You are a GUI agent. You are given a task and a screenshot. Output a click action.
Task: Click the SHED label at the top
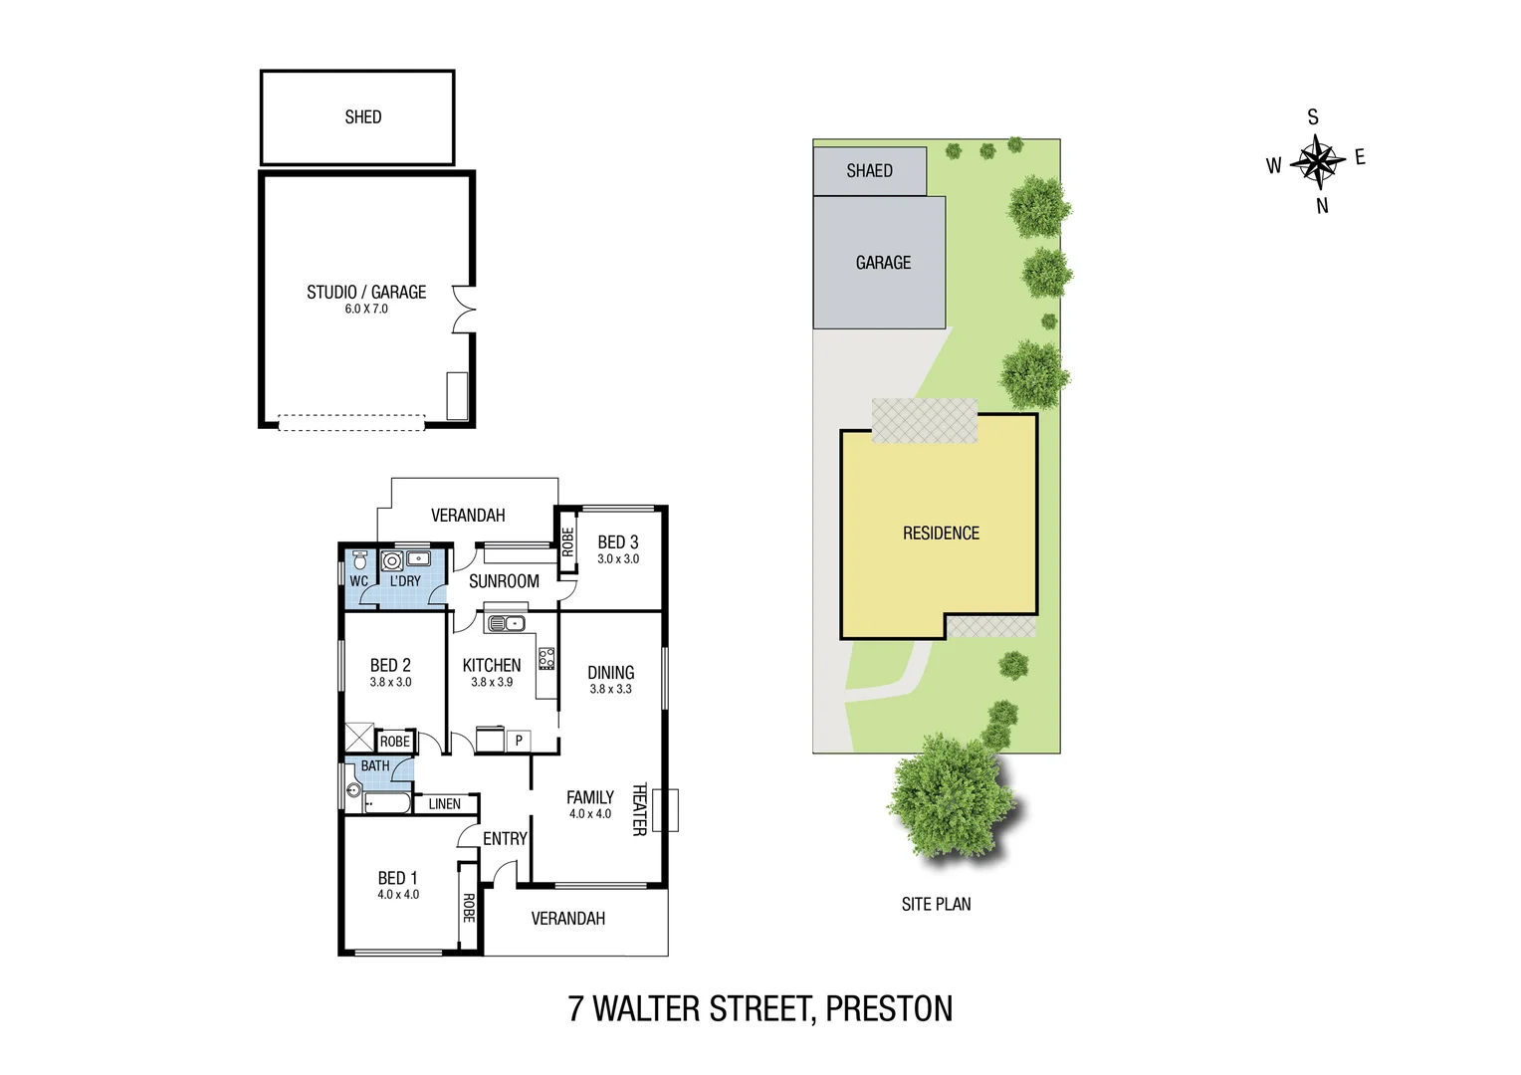[x=363, y=117]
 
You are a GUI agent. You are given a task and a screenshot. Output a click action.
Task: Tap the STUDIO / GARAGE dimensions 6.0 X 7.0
[x=366, y=310]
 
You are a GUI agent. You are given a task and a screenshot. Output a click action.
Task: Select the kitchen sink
[x=506, y=624]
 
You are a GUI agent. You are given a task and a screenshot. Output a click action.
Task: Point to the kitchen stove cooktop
[x=546, y=658]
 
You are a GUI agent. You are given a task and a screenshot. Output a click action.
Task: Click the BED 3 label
[x=617, y=542]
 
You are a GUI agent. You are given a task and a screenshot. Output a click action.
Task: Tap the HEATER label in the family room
[x=640, y=808]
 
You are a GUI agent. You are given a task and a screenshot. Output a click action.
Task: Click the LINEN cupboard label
[x=444, y=804]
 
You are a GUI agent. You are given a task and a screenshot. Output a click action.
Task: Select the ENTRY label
[x=505, y=839]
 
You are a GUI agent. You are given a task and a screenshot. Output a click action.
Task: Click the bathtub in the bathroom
[x=387, y=802]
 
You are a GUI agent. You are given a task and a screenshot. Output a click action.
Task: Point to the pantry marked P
[x=519, y=741]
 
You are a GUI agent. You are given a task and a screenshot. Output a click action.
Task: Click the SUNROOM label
[x=504, y=581]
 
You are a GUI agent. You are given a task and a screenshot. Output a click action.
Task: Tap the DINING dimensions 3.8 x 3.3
[x=610, y=689]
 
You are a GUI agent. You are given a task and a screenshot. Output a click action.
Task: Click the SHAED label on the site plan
[x=869, y=171]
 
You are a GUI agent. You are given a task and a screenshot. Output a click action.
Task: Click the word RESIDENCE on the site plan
[x=941, y=534]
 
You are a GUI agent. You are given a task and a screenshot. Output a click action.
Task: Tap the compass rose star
[x=1317, y=160]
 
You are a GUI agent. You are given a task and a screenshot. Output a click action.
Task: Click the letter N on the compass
[x=1322, y=206]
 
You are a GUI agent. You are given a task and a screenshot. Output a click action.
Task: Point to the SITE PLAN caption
[x=936, y=904]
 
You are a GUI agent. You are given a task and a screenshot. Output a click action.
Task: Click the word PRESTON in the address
[x=889, y=1009]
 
